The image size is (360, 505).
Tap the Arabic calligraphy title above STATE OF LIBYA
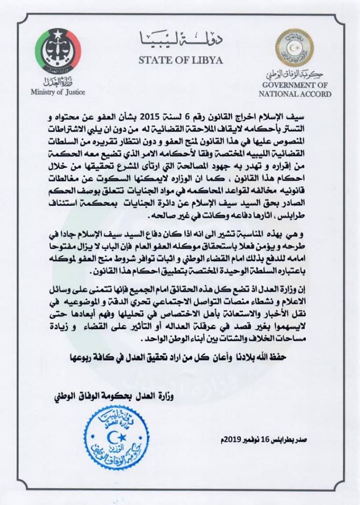180,38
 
